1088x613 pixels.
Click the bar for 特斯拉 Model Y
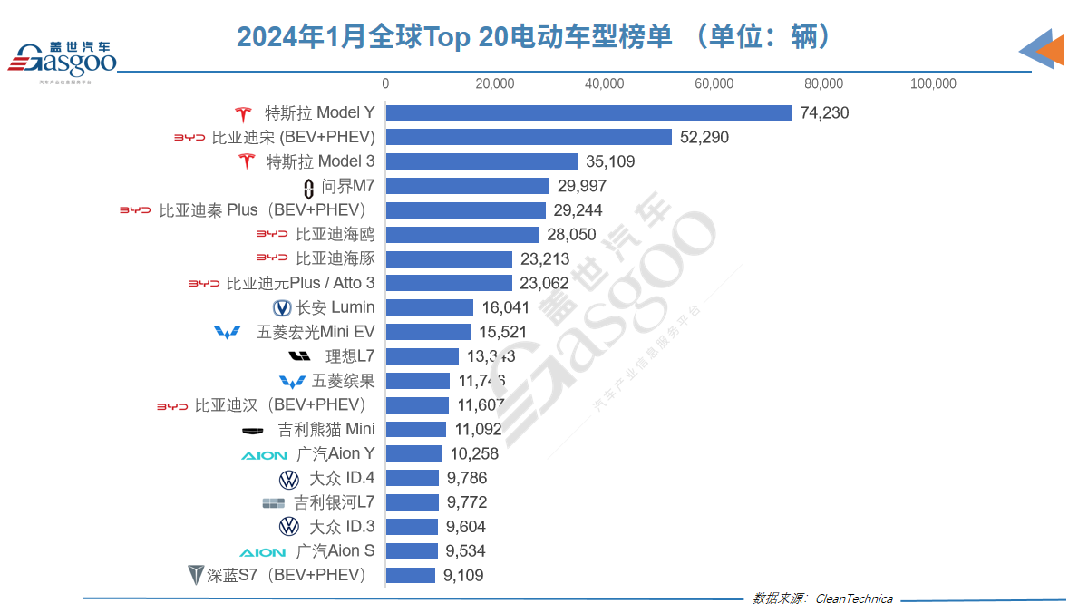(589, 113)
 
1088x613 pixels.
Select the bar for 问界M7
(468, 186)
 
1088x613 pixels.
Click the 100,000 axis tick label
(933, 83)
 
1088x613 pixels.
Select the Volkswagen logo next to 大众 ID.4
(289, 478)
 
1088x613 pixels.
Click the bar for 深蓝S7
(411, 575)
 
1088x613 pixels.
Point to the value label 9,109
(463, 575)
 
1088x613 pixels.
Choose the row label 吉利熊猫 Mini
(326, 429)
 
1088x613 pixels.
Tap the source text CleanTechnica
(854, 598)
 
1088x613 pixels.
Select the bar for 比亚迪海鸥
(462, 235)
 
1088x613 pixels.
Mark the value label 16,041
(504, 307)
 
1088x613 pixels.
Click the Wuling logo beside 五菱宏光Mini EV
(228, 332)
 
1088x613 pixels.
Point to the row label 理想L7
(350, 356)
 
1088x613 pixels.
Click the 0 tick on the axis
(385, 83)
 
